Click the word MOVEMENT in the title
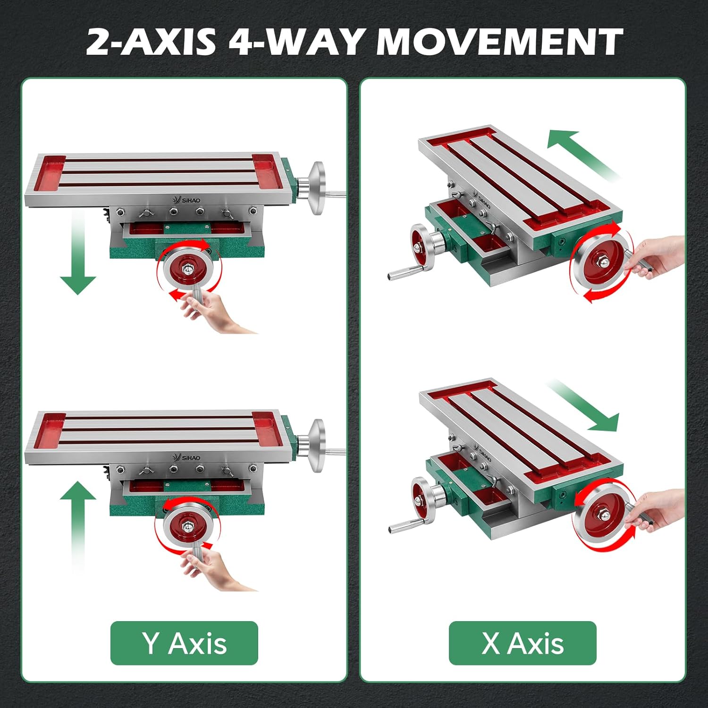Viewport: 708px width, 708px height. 499,42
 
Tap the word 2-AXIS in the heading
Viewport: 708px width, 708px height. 151,42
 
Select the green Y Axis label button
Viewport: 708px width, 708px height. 184,643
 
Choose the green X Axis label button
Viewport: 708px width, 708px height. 523,643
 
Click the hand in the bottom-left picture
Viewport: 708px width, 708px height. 215,566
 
